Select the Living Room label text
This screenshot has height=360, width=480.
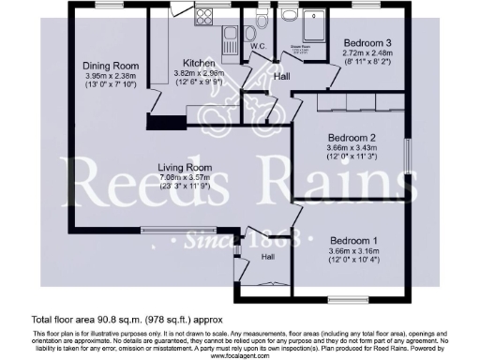coord(184,168)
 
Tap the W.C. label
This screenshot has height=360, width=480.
coord(259,45)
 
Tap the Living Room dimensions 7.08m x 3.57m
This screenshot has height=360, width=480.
coord(184,177)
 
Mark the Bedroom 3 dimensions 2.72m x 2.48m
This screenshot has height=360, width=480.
coord(367,54)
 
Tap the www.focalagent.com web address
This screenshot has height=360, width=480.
coord(239,355)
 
